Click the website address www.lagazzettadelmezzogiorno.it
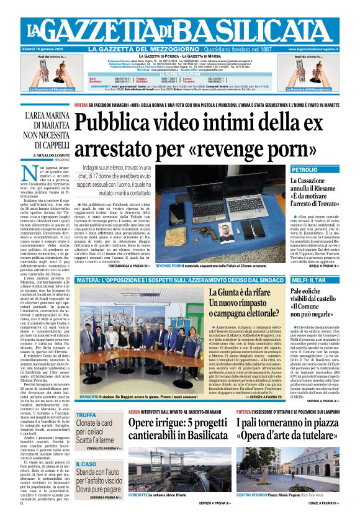click(324, 48)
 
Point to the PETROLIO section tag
click(305, 169)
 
